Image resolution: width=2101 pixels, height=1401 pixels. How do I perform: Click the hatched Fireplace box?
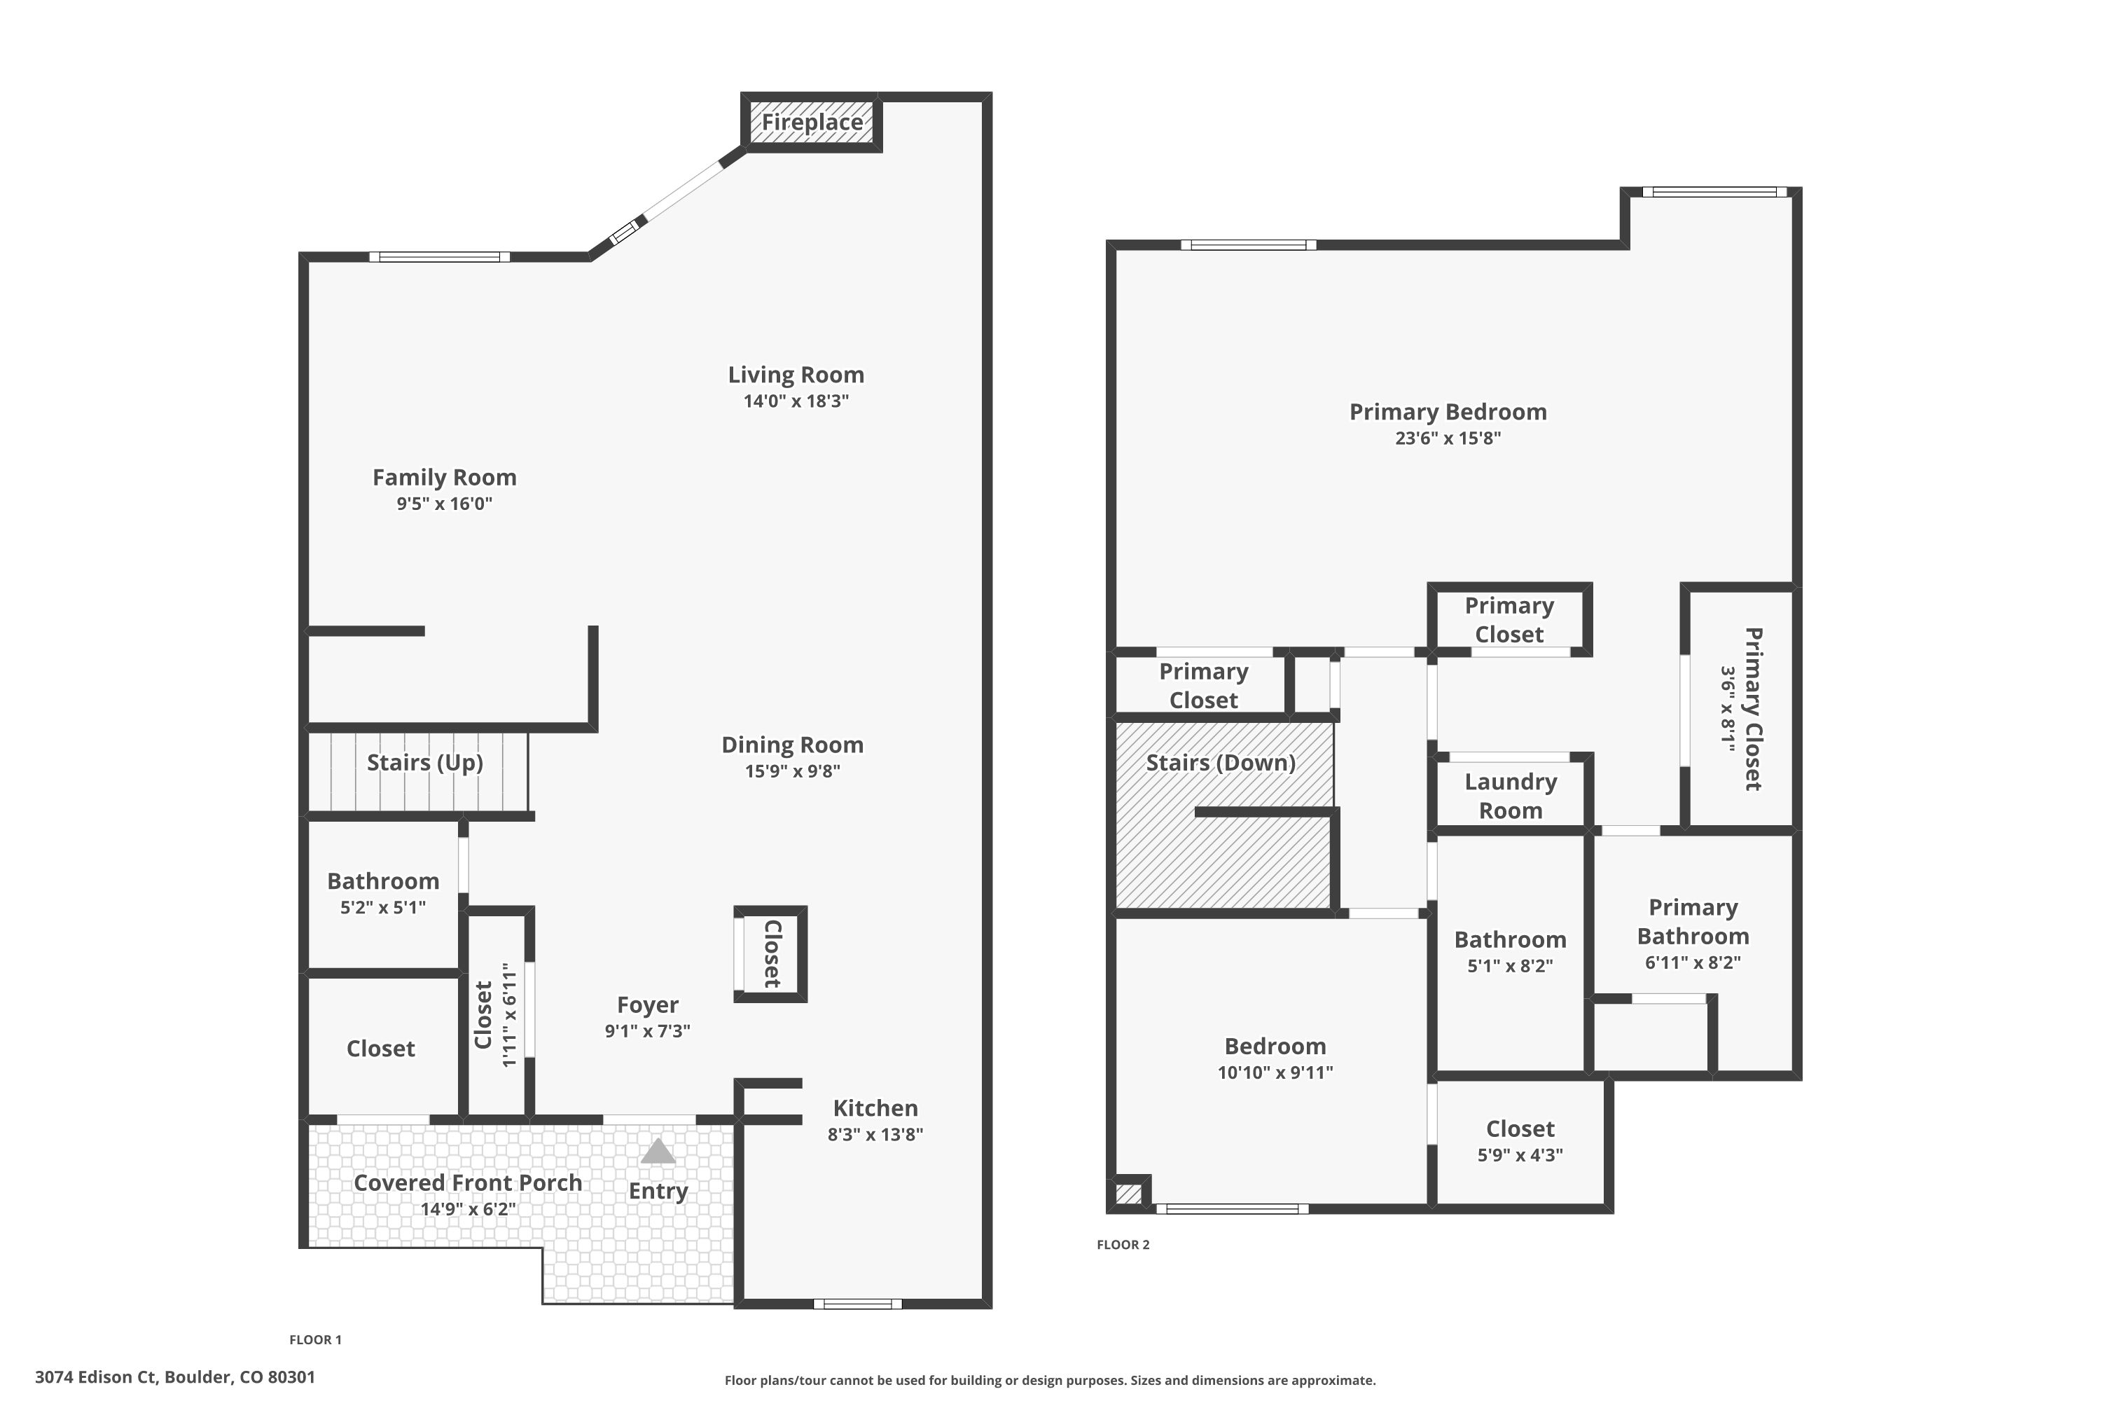click(812, 123)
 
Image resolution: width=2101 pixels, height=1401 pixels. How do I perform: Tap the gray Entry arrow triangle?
click(658, 1152)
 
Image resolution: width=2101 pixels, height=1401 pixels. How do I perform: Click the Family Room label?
click(444, 477)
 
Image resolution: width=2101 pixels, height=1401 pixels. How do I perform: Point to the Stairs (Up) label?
click(424, 762)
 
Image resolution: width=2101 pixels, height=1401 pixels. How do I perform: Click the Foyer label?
click(648, 1005)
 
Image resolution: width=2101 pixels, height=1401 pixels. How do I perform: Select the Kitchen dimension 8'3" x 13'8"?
click(875, 1135)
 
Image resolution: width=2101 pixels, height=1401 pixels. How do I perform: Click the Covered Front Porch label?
click(467, 1182)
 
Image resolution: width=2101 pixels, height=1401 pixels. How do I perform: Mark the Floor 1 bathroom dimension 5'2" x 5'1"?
click(382, 908)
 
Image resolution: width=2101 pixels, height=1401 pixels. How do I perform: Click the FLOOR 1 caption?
click(315, 1339)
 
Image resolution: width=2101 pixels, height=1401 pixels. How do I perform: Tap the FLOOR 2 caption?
click(1123, 1245)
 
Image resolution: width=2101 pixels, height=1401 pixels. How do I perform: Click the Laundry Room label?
click(1510, 795)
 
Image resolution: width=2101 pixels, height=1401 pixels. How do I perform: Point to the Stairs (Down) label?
click(1220, 762)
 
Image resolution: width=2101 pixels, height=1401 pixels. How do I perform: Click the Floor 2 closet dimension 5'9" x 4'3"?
click(1520, 1155)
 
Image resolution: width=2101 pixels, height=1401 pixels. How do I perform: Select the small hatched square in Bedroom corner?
click(1128, 1194)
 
